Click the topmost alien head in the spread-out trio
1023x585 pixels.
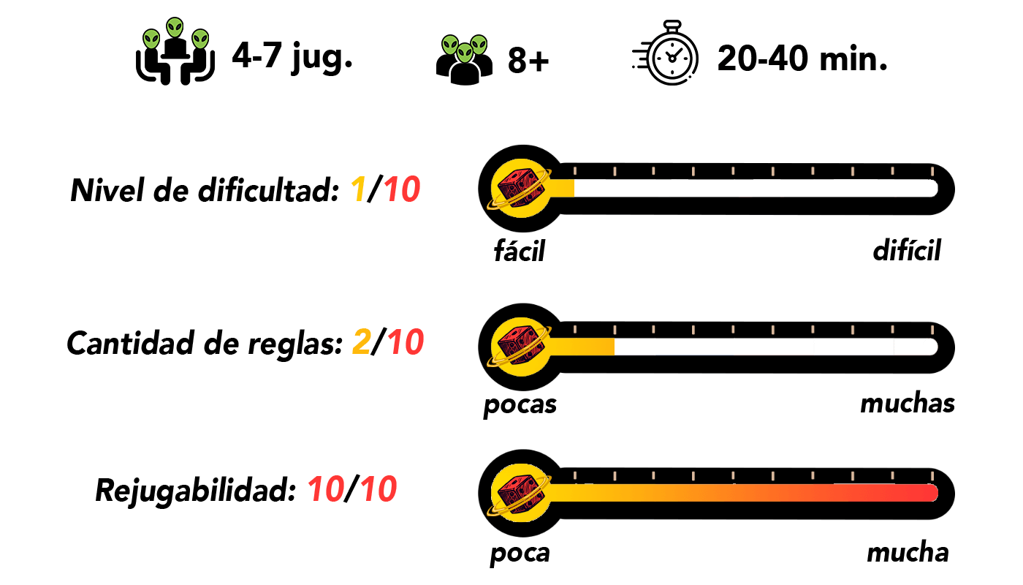coord(175,28)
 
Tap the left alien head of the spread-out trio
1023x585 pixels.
coord(151,39)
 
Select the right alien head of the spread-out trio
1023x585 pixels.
coord(200,39)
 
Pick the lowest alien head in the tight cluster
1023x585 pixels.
coord(465,53)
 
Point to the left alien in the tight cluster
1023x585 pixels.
coord(450,45)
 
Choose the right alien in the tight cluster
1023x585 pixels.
coord(479,45)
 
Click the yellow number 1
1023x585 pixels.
coord(358,190)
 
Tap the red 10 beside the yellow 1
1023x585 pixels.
coord(402,190)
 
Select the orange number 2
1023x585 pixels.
coord(362,342)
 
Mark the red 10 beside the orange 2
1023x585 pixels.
coord(406,342)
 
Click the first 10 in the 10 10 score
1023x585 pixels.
coord(326,489)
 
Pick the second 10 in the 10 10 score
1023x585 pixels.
coord(379,489)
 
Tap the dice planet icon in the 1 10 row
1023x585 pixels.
coord(521,188)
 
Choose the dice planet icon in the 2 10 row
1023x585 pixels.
coord(521,347)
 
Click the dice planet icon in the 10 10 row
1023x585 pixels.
coord(521,493)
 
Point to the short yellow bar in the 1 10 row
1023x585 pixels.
coord(563,188)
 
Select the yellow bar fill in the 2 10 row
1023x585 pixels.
coord(582,347)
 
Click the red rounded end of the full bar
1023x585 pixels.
coord(929,493)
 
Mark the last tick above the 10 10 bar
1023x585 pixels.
coord(932,476)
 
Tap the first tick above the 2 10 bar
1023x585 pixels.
coord(575,330)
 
